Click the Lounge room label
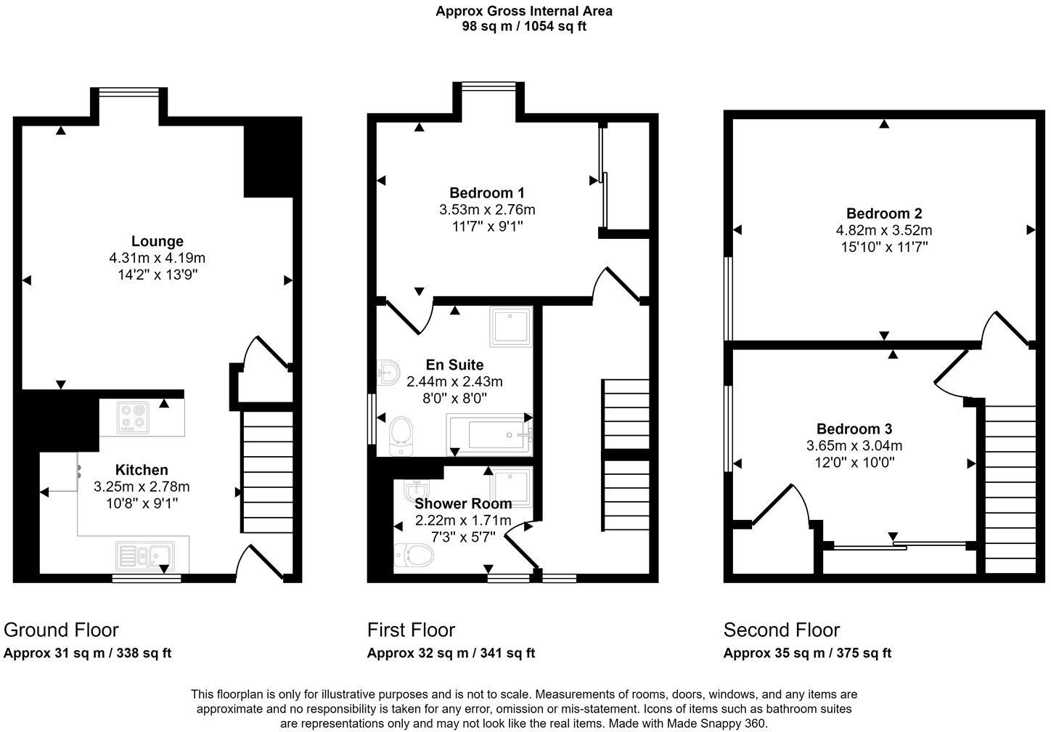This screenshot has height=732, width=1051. (x=157, y=241)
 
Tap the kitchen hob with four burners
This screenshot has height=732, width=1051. (x=133, y=418)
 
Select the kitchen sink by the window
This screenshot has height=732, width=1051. (x=144, y=557)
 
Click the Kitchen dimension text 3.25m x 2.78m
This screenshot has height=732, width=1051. (x=142, y=487)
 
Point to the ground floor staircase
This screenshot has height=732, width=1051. (x=268, y=471)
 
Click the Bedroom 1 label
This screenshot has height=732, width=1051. (x=486, y=192)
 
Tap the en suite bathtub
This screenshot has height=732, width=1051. (x=491, y=435)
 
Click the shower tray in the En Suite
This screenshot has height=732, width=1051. (x=512, y=326)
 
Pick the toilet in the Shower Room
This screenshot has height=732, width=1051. (x=414, y=556)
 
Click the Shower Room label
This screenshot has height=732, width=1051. (x=463, y=503)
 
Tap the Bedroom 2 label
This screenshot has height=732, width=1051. (x=884, y=213)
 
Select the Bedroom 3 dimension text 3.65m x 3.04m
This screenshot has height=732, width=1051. (x=854, y=446)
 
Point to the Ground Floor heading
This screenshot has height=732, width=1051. (x=61, y=630)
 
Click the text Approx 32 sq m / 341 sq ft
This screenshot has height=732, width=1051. (x=451, y=653)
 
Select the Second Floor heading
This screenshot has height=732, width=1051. (x=781, y=630)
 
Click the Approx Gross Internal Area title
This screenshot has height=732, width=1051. (x=524, y=11)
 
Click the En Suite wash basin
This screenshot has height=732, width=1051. (x=388, y=373)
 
